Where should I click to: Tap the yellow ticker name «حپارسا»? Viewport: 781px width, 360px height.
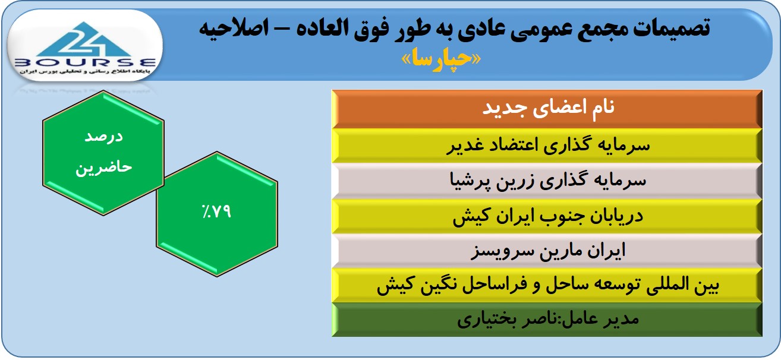(x=441, y=59)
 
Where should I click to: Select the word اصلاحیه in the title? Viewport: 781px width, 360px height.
(x=234, y=28)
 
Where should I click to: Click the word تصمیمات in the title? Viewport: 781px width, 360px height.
(x=672, y=29)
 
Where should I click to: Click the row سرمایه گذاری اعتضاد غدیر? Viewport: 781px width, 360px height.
(x=547, y=146)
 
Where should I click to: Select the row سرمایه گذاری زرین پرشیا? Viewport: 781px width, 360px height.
(x=547, y=181)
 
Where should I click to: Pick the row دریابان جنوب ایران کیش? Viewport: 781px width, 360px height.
(x=547, y=216)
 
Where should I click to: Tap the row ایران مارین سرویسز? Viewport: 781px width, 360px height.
(x=547, y=251)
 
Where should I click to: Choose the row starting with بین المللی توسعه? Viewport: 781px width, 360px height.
(x=547, y=285)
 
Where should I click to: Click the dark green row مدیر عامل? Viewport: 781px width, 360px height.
(x=547, y=320)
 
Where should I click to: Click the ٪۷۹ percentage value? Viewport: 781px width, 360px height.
(x=216, y=211)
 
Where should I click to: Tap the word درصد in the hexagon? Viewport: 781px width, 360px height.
(x=103, y=136)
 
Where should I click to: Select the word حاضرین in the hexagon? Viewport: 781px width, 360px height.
(x=103, y=167)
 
